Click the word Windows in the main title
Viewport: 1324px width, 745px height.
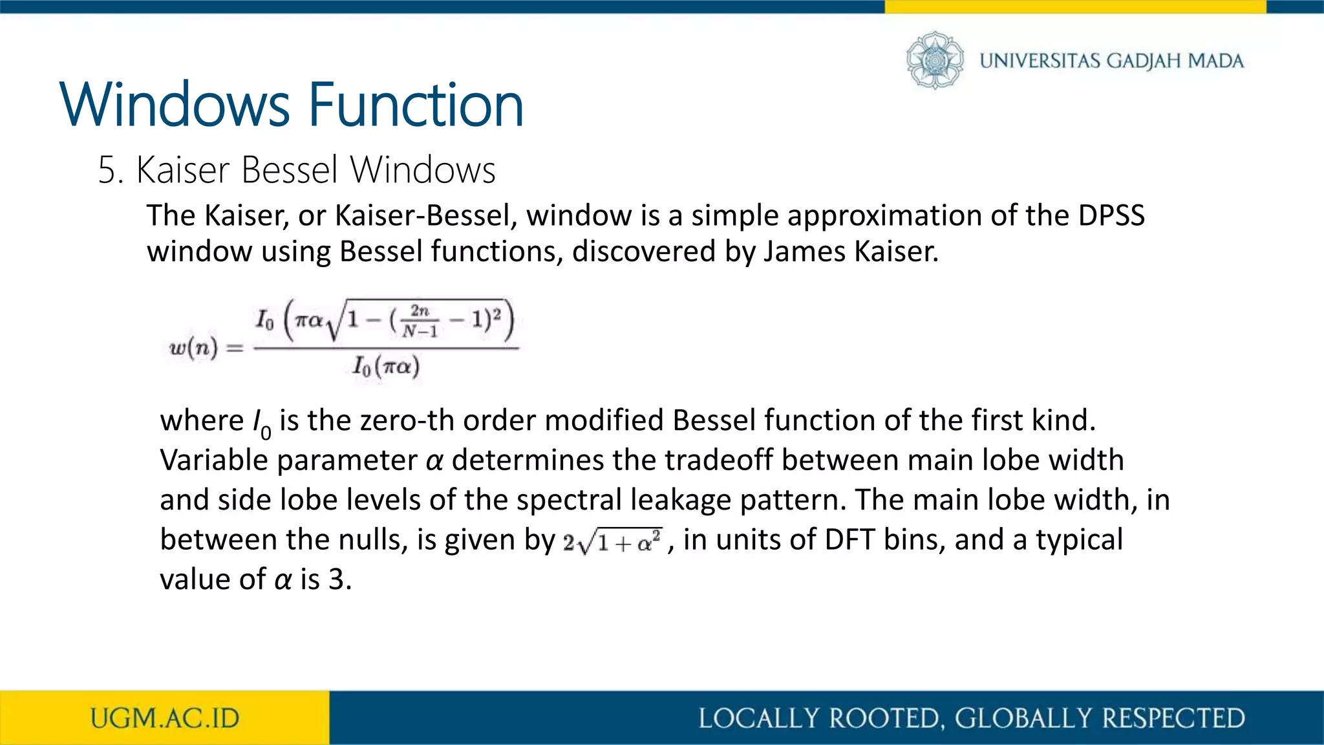click(x=175, y=105)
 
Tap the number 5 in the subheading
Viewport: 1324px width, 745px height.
click(x=107, y=171)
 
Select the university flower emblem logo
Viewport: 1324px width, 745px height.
click(x=934, y=60)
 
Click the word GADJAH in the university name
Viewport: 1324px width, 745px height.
click(x=1143, y=61)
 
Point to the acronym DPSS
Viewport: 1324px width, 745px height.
click(x=1111, y=215)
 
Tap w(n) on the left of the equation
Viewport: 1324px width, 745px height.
click(x=193, y=348)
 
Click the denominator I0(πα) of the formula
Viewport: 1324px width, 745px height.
click(x=386, y=367)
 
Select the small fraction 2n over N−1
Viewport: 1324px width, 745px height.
click(x=420, y=321)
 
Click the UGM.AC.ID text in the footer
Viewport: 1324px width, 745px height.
click(x=165, y=718)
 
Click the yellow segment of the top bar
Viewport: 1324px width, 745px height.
click(x=1074, y=6)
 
